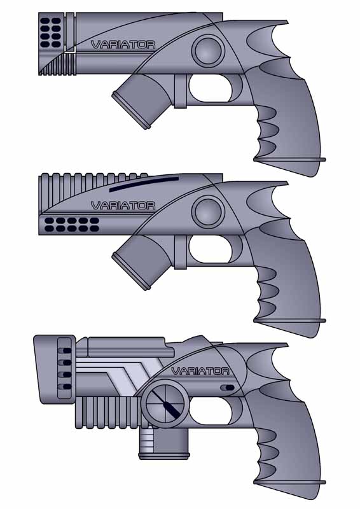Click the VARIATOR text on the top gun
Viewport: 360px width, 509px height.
[123, 45]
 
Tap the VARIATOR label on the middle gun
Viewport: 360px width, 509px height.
[123, 206]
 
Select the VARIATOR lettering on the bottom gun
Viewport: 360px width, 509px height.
[200, 371]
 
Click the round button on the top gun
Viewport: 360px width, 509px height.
[208, 52]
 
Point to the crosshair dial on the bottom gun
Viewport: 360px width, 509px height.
[165, 404]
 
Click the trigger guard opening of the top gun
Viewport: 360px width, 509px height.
[211, 88]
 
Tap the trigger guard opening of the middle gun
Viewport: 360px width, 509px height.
[211, 249]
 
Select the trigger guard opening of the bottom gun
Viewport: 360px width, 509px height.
[211, 410]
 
